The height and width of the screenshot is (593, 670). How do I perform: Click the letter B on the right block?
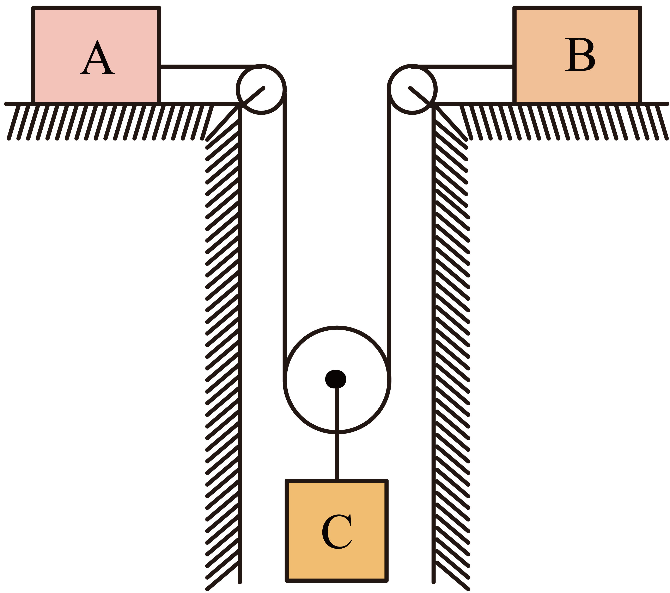[x=580, y=54]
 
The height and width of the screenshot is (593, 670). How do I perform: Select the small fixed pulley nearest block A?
[x=261, y=89]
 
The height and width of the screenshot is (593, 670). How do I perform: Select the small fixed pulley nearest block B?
[x=412, y=89]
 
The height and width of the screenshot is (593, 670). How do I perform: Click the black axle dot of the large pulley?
[x=336, y=379]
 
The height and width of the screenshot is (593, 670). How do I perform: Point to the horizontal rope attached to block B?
[x=465, y=67]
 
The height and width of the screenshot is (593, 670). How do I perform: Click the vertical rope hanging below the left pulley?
[x=285, y=229]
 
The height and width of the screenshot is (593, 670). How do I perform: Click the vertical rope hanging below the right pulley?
[x=389, y=229]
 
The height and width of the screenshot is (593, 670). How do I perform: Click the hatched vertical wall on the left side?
[x=223, y=327]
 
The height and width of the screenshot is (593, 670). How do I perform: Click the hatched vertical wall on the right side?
[x=452, y=327]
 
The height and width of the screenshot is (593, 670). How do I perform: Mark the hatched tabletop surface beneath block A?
[x=98, y=121]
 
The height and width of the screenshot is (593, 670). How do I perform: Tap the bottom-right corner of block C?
[x=387, y=581]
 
